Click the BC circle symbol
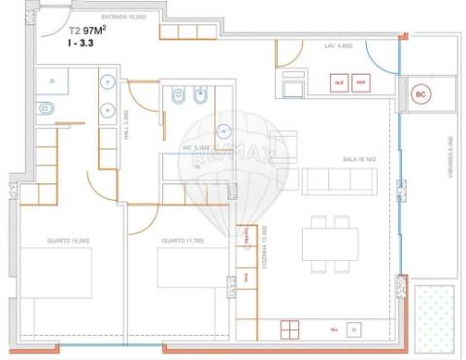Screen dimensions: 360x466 pyautogui.click(x=420, y=95)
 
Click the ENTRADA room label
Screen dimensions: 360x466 pyautogui.click(x=120, y=17)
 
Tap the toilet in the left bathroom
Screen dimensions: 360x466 pyautogui.click(x=45, y=111)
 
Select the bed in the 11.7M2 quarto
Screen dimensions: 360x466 pyautogui.click(x=190, y=268)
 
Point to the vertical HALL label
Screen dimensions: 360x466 pyautogui.click(x=127, y=124)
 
